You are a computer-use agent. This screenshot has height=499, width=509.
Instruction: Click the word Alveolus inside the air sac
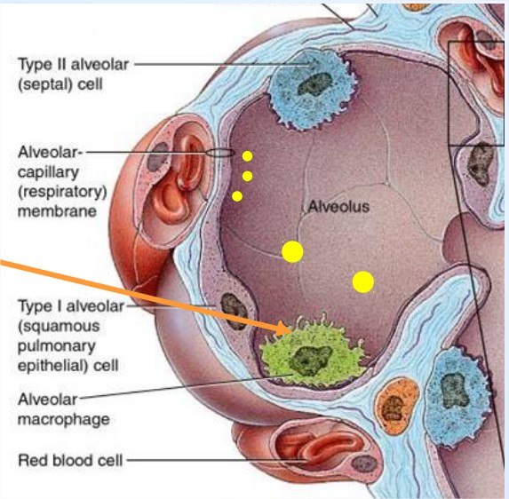point(338,206)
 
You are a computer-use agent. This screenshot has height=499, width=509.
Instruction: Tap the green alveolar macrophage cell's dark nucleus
point(310,360)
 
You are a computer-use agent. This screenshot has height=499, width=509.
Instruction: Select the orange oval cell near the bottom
point(397,407)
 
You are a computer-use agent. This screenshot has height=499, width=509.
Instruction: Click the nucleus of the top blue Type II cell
point(314,84)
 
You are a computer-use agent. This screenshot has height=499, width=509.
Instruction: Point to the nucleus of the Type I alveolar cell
point(234,312)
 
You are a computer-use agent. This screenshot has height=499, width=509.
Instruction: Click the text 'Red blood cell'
point(70,460)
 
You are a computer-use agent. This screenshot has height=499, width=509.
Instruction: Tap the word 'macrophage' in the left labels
point(64,419)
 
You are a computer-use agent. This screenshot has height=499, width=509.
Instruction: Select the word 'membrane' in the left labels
point(57,211)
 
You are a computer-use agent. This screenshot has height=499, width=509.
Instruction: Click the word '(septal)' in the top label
point(42,84)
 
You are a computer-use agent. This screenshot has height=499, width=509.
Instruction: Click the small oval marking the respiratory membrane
point(220,153)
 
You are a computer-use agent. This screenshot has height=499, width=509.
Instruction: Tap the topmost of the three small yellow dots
point(247,156)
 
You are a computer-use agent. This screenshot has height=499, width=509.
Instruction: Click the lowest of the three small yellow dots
point(237,196)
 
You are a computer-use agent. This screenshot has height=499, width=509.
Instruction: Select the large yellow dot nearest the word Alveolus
point(292,252)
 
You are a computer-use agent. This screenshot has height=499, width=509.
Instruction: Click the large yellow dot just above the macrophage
point(363,282)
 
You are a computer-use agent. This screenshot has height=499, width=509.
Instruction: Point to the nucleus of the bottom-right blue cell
point(455,391)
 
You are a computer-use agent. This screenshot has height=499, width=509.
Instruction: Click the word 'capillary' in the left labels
point(48,172)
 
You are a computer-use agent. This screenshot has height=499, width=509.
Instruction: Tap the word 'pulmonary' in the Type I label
point(57,346)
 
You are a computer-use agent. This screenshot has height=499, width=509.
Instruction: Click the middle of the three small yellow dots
point(247,176)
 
